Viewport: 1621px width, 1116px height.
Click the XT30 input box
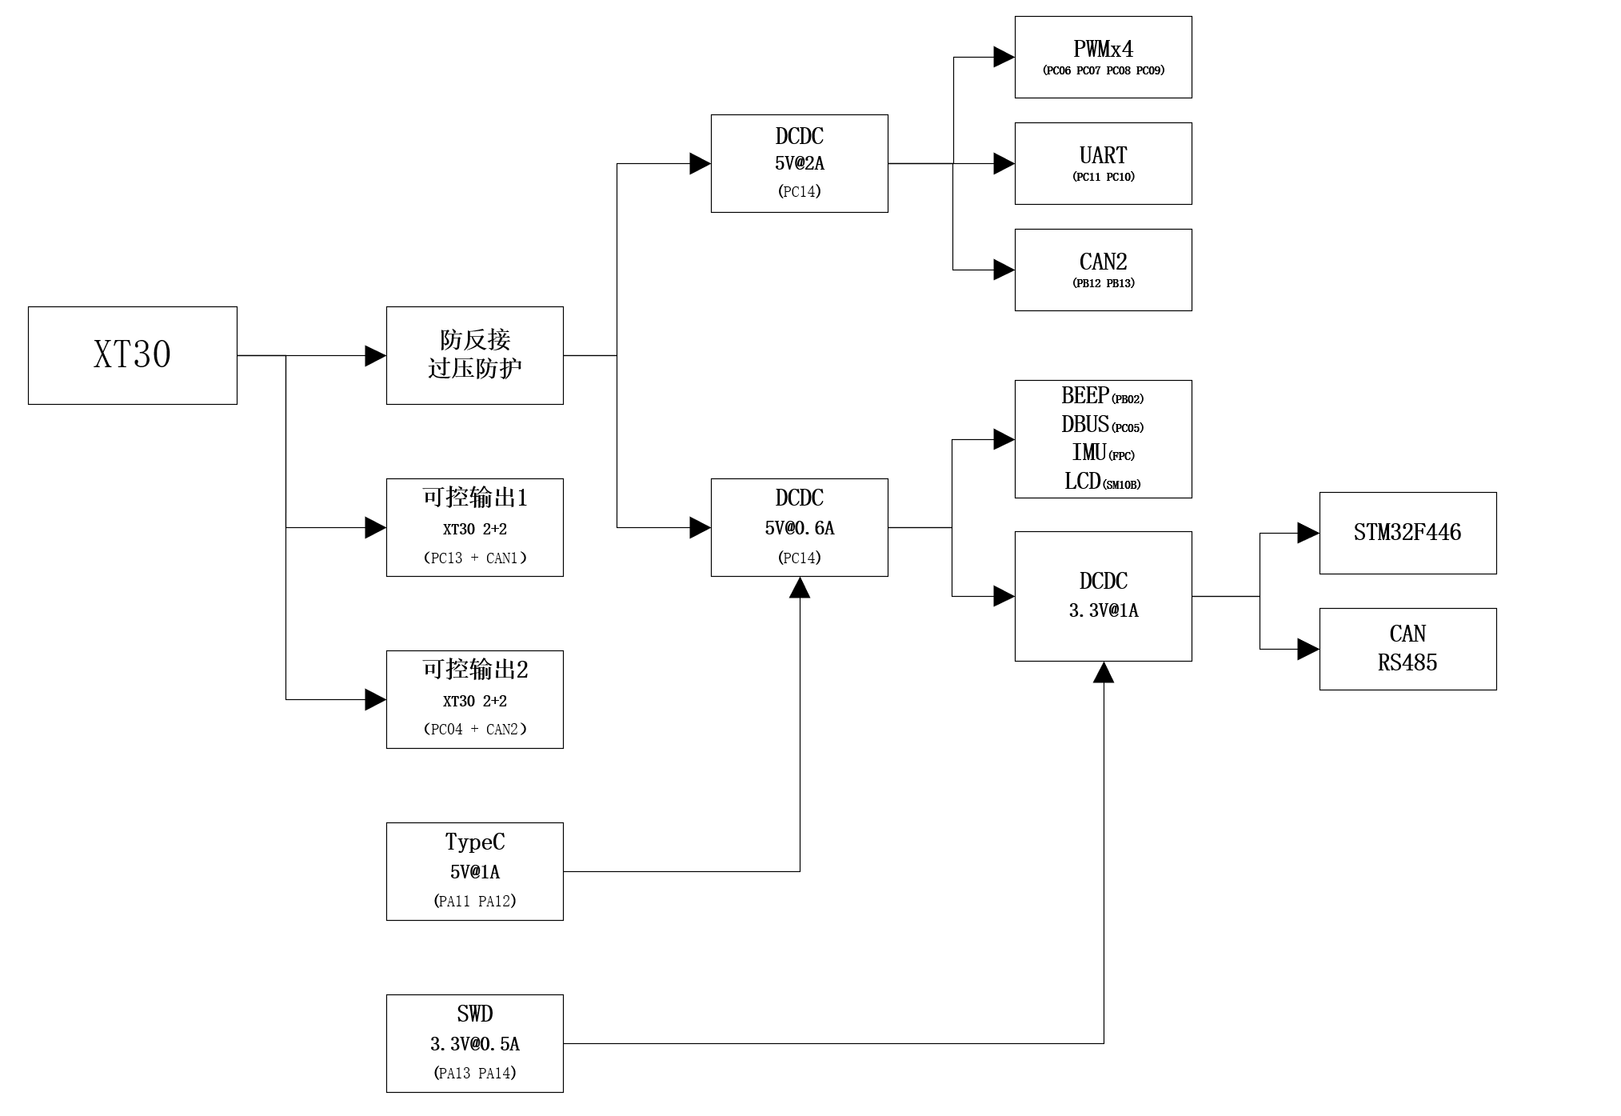click(x=133, y=355)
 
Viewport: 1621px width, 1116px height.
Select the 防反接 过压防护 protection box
click(x=475, y=355)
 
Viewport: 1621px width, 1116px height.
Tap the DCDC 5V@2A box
click(x=800, y=163)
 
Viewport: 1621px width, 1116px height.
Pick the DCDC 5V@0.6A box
click(x=800, y=527)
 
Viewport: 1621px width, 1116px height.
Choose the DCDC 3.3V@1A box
click(x=1104, y=596)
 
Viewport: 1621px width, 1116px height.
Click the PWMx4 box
click(x=1104, y=58)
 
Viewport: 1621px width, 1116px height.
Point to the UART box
click(x=1104, y=163)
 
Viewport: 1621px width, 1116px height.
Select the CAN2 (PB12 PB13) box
click(x=1104, y=270)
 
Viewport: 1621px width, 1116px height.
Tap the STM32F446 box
click(x=1407, y=533)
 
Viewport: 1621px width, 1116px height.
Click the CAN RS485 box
click(x=1407, y=649)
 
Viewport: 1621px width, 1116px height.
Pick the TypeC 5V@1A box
click(x=475, y=871)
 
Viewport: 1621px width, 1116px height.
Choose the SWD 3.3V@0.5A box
click(x=475, y=1043)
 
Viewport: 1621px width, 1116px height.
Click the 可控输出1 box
click(x=475, y=527)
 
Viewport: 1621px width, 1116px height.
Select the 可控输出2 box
click(x=475, y=699)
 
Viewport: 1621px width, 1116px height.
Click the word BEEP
click(x=1085, y=395)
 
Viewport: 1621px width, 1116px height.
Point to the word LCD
click(x=1083, y=481)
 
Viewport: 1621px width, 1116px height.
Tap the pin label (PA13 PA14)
click(x=475, y=1073)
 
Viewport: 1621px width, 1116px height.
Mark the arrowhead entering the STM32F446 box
click(x=1309, y=533)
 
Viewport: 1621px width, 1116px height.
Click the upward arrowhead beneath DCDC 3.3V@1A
click(x=1104, y=672)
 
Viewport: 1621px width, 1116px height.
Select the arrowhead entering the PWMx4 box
click(x=1004, y=57)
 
